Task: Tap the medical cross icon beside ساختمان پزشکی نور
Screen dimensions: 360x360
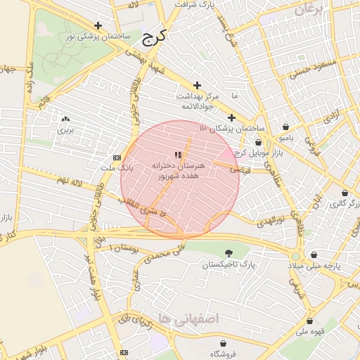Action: click(x=98, y=26)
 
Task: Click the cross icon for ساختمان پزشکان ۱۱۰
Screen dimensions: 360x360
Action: click(x=231, y=117)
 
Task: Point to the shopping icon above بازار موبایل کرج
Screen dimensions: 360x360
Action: click(x=258, y=142)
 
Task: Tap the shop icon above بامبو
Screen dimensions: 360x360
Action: click(x=286, y=127)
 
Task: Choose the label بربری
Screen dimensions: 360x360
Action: click(x=65, y=130)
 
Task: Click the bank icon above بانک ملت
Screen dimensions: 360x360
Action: click(x=117, y=157)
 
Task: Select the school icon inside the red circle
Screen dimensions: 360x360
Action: click(x=179, y=155)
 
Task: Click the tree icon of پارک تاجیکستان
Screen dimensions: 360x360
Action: click(x=228, y=253)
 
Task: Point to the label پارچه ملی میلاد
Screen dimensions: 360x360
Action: click(x=314, y=267)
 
